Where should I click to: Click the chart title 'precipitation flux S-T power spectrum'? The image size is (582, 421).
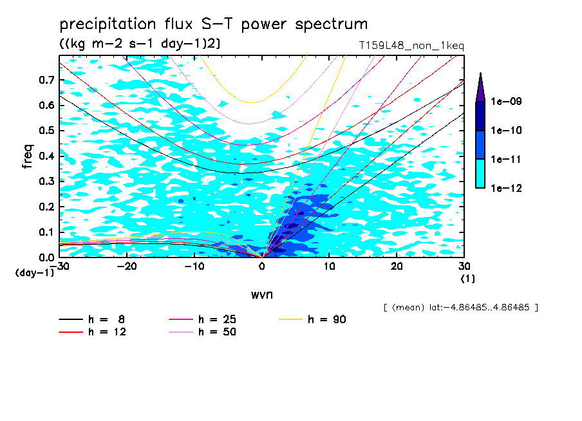[213, 24]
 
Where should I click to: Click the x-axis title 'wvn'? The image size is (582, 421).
[261, 295]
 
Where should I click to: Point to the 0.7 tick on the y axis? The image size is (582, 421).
[46, 80]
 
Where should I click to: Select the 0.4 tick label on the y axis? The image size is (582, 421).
[46, 156]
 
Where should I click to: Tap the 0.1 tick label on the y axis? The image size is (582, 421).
[46, 232]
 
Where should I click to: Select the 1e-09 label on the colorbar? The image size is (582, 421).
[507, 102]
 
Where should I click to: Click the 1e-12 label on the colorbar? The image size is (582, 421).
[507, 188]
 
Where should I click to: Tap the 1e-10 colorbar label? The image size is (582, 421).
[507, 131]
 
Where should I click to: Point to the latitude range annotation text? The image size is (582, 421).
[460, 308]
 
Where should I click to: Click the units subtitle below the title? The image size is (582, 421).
[140, 44]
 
